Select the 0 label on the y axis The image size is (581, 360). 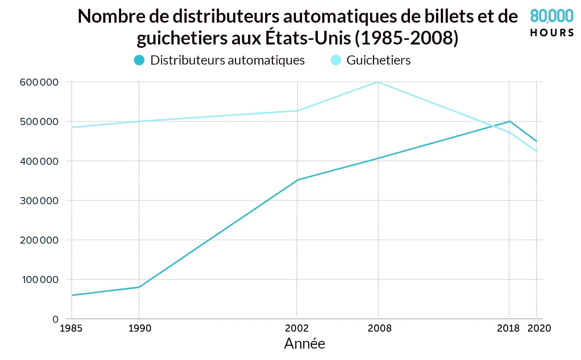point(55,319)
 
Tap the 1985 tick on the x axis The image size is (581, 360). point(71,328)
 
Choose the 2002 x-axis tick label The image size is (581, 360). point(297,328)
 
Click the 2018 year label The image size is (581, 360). point(508,328)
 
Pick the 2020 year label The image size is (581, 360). point(539,328)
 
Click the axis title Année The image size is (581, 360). point(305,344)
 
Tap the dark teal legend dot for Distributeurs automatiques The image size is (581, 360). point(139,60)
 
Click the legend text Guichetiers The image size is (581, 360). point(378,60)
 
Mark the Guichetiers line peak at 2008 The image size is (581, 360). point(378,82)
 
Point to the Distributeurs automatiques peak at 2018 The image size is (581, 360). point(510,121)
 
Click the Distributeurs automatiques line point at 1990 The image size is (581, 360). point(139,287)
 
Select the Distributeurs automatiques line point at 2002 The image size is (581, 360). point(297,180)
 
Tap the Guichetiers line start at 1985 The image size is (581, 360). point(72,127)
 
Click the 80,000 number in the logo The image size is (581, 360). point(552,16)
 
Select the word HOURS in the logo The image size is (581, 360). point(552,33)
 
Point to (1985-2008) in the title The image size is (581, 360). point(407,38)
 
